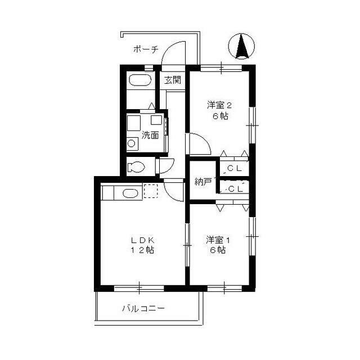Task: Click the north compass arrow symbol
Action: (x=242, y=47)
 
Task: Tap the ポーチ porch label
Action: (x=146, y=49)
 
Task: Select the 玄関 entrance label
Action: (x=173, y=80)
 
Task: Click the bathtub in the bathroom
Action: (x=140, y=80)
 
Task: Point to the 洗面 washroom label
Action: (x=150, y=135)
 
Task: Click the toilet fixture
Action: (x=136, y=166)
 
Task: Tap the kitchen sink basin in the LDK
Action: (x=130, y=193)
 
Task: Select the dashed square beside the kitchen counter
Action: (x=151, y=191)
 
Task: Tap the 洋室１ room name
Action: (x=218, y=240)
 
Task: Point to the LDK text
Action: (x=142, y=240)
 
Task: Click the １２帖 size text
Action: (x=142, y=250)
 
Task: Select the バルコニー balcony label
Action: (x=143, y=308)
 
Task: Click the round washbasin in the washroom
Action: (x=131, y=144)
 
